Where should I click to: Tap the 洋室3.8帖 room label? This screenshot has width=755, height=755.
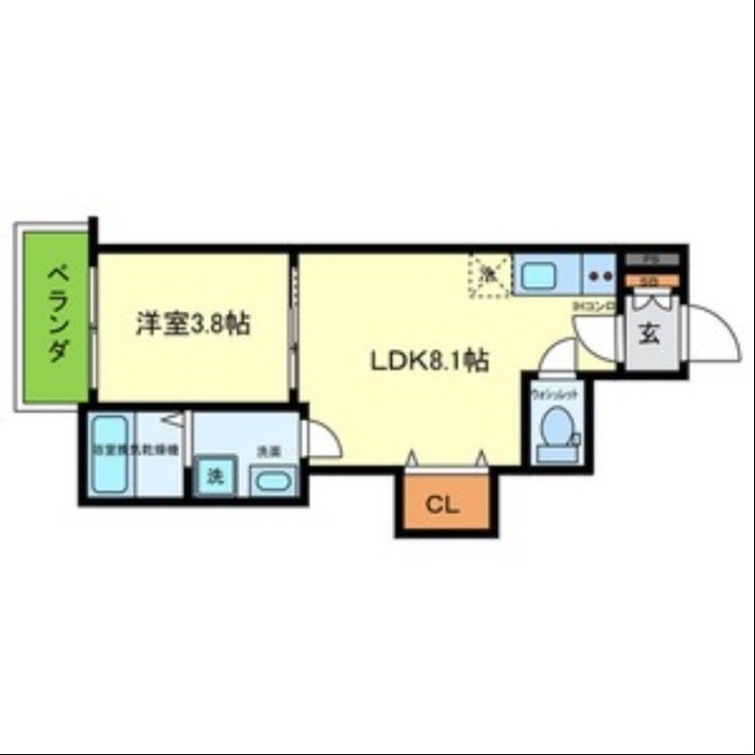tap(193, 324)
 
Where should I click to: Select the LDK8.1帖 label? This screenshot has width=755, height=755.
tap(428, 360)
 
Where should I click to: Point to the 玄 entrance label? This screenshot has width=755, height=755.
tap(650, 335)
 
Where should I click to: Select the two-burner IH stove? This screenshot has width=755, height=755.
tap(599, 276)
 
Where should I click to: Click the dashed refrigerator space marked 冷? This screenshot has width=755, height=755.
tap(490, 275)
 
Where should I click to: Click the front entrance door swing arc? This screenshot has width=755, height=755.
tap(715, 331)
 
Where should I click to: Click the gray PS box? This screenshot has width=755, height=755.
tap(648, 259)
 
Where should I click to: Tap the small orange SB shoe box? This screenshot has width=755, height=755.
tap(648, 280)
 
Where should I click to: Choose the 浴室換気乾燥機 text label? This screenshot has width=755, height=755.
tap(135, 450)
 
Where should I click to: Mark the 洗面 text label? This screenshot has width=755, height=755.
tap(269, 451)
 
